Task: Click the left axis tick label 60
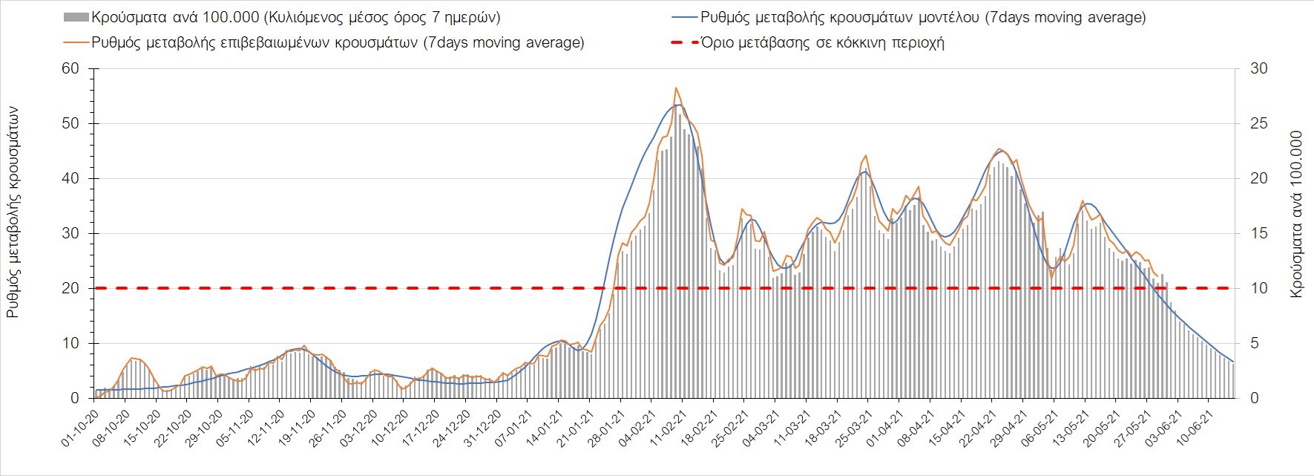point(70,69)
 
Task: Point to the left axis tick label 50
point(70,124)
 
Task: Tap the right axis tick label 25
point(1260,124)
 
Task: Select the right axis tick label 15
point(1260,234)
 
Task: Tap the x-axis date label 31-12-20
point(484,428)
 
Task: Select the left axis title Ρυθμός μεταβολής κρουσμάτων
point(13,212)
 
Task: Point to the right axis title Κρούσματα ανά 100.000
point(1297,215)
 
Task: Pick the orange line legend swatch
point(76,43)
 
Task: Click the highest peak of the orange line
point(676,88)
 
